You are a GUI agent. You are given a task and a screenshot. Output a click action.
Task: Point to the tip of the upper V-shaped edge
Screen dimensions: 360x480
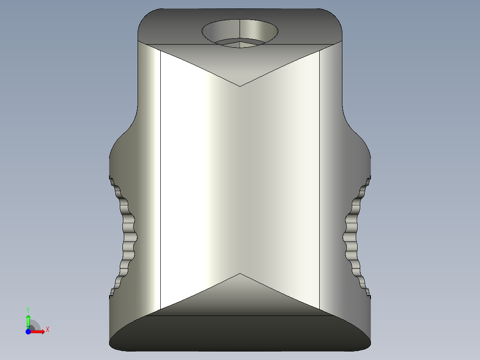coord(240,86)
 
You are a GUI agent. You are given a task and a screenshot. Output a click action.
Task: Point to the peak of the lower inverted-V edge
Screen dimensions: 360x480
coord(240,274)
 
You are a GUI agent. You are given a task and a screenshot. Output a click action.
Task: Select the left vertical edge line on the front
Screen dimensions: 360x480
coord(160,178)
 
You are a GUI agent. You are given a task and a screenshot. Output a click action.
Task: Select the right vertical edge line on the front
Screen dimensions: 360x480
coord(320,178)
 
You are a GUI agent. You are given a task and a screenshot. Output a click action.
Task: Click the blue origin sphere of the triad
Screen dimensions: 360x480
coord(28,331)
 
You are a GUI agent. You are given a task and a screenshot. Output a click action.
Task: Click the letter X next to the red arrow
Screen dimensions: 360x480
coord(47,330)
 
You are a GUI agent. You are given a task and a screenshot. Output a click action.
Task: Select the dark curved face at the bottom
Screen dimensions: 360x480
coord(240,334)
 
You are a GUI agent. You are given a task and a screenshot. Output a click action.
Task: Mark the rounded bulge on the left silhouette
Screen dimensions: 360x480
coord(118,147)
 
